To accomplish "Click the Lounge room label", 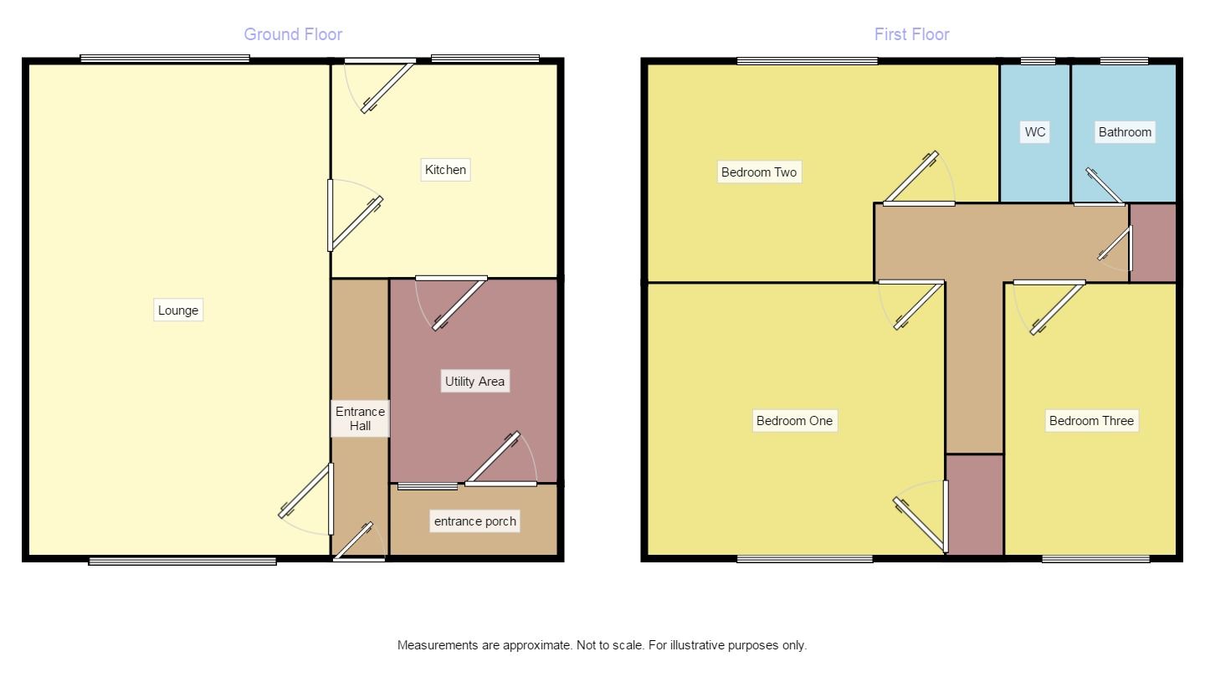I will [178, 310].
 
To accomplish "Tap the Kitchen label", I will [445, 170].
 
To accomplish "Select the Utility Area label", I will [474, 382].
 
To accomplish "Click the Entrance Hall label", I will [360, 418].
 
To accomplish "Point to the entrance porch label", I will [474, 521].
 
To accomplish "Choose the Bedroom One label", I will [794, 420].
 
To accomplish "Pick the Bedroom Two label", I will [760, 172].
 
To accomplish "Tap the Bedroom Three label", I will [1091, 420].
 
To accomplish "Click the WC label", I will [1035, 132].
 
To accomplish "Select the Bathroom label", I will [1125, 132].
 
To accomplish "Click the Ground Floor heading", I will [293, 34].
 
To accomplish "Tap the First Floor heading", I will [911, 34].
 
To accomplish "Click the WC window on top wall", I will [1038, 61].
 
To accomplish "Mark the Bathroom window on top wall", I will [1124, 61].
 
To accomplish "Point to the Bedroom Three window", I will [1095, 559].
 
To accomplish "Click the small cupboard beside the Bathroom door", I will [1153, 243].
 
